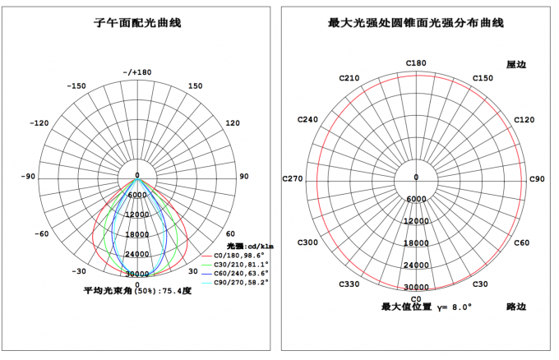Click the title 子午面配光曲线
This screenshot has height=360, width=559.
[x=137, y=23]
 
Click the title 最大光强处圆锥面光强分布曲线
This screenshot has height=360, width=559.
[x=416, y=23]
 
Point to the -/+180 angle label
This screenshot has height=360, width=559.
[x=137, y=72]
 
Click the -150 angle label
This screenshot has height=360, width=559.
[x=76, y=86]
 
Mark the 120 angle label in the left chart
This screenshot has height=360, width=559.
[x=233, y=123]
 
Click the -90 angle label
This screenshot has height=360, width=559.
[x=28, y=177]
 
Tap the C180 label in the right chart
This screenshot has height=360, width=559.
[x=416, y=63]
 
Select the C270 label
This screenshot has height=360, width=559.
[x=293, y=178]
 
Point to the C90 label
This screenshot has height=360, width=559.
[x=537, y=179]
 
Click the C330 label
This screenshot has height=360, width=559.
[x=349, y=284]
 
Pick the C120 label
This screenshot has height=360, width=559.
[x=524, y=120]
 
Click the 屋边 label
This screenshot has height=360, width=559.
[x=516, y=64]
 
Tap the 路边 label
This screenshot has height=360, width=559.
[x=516, y=307]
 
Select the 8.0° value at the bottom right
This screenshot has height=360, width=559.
[x=462, y=307]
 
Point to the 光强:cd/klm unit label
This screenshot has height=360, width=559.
[x=250, y=246]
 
